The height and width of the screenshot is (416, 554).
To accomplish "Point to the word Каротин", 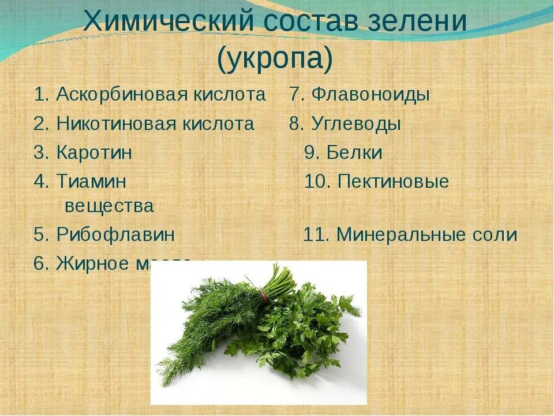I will [x=94, y=153].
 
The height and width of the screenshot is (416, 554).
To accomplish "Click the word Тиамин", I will [x=91, y=182].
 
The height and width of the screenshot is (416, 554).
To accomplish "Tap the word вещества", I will [x=109, y=206].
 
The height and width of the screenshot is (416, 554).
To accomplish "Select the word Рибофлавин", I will [x=115, y=235].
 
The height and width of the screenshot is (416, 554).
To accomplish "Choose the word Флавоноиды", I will [x=370, y=95].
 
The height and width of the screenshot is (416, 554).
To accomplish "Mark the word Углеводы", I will [x=356, y=124].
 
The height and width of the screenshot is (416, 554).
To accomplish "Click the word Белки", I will [x=354, y=153].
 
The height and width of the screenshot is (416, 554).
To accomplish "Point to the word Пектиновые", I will [x=393, y=182].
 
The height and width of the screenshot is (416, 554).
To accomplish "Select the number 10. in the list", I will [x=317, y=182].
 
